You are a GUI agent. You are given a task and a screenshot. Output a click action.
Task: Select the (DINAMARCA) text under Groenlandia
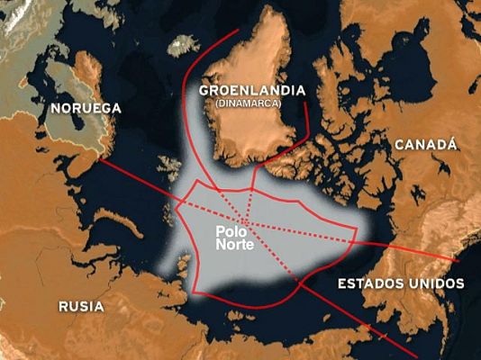click(248, 103)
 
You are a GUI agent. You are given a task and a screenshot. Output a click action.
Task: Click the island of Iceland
click(184, 42)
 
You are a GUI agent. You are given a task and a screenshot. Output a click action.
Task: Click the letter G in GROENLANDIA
click(203, 91)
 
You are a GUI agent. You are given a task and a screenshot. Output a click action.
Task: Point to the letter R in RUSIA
click(63, 306)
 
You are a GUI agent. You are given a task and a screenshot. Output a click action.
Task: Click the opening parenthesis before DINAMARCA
click(216, 103)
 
